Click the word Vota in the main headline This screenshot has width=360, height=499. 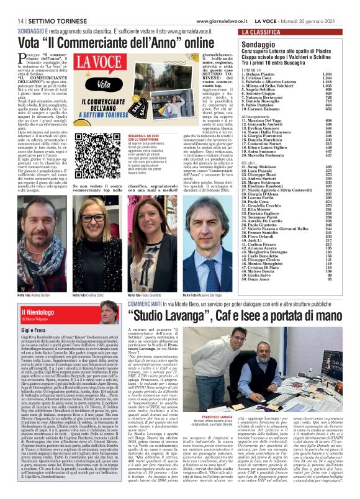pyautogui.click(x=46, y=43)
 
